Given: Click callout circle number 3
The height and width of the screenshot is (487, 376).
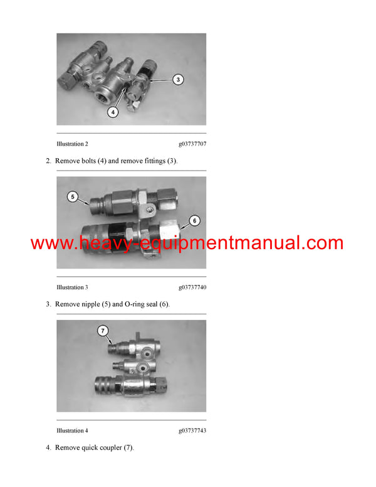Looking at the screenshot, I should [178, 80].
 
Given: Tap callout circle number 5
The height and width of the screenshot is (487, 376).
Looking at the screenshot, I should [73, 197].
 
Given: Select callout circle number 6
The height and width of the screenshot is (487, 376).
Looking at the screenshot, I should [194, 220].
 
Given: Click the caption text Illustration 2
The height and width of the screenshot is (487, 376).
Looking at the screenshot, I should [72, 144].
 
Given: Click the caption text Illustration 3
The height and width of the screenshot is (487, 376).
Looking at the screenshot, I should [72, 287].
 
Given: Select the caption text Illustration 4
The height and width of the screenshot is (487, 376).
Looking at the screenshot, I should [72, 431].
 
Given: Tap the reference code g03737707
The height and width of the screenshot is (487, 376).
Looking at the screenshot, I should [192, 144].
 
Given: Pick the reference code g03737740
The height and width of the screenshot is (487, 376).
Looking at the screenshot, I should [192, 287].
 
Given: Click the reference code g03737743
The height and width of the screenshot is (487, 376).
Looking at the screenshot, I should [192, 431].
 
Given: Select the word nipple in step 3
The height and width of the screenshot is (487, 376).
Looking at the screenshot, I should [90, 304].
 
